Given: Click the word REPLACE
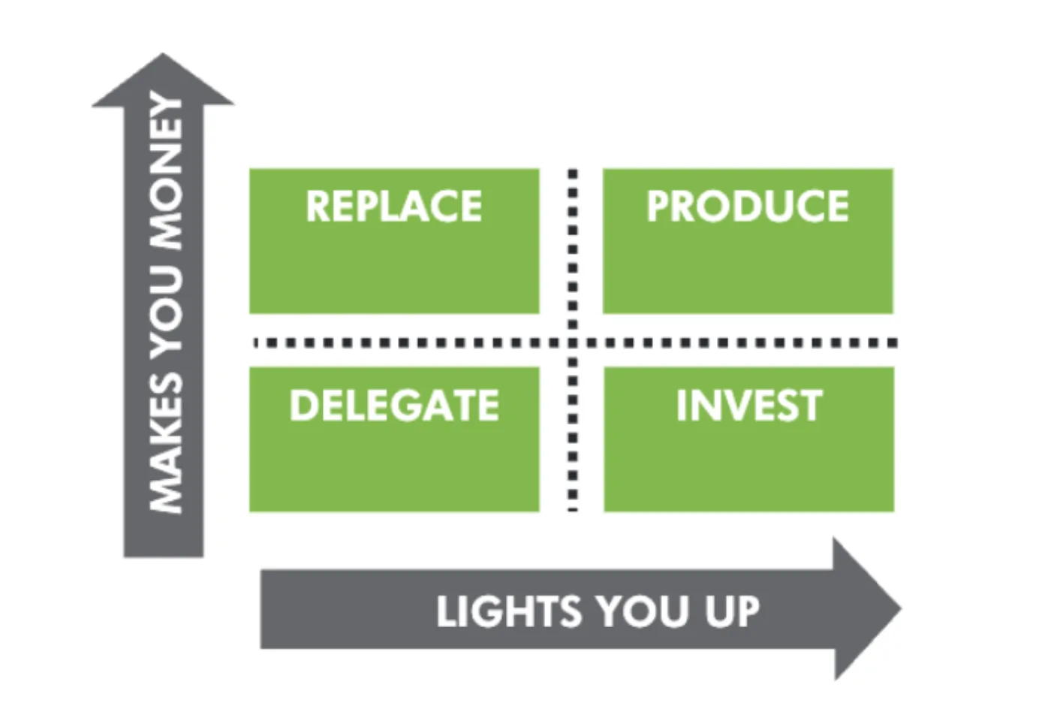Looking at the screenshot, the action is tap(393, 206).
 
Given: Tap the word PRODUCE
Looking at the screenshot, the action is tap(748, 206).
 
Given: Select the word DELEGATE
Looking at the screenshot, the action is tap(394, 406).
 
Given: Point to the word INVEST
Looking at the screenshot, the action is tap(749, 406).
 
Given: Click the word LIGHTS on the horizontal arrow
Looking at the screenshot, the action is tap(509, 611).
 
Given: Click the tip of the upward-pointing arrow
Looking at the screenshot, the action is tap(163, 53).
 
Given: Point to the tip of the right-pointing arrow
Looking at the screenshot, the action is tap(901, 608).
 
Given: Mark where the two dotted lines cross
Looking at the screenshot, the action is tap(573, 342).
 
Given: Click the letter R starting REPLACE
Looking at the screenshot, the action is tap(317, 206).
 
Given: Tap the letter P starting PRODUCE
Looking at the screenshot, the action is tap(658, 206).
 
